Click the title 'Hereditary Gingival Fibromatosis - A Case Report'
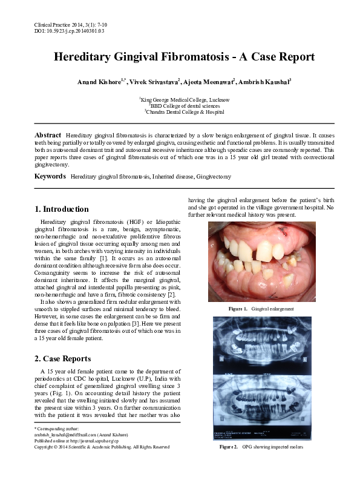click(184, 57)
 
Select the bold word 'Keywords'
click(50, 176)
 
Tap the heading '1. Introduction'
click(62, 209)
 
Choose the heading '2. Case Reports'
click(64, 358)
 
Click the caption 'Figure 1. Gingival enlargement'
click(261, 309)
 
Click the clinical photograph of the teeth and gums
click(261, 262)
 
